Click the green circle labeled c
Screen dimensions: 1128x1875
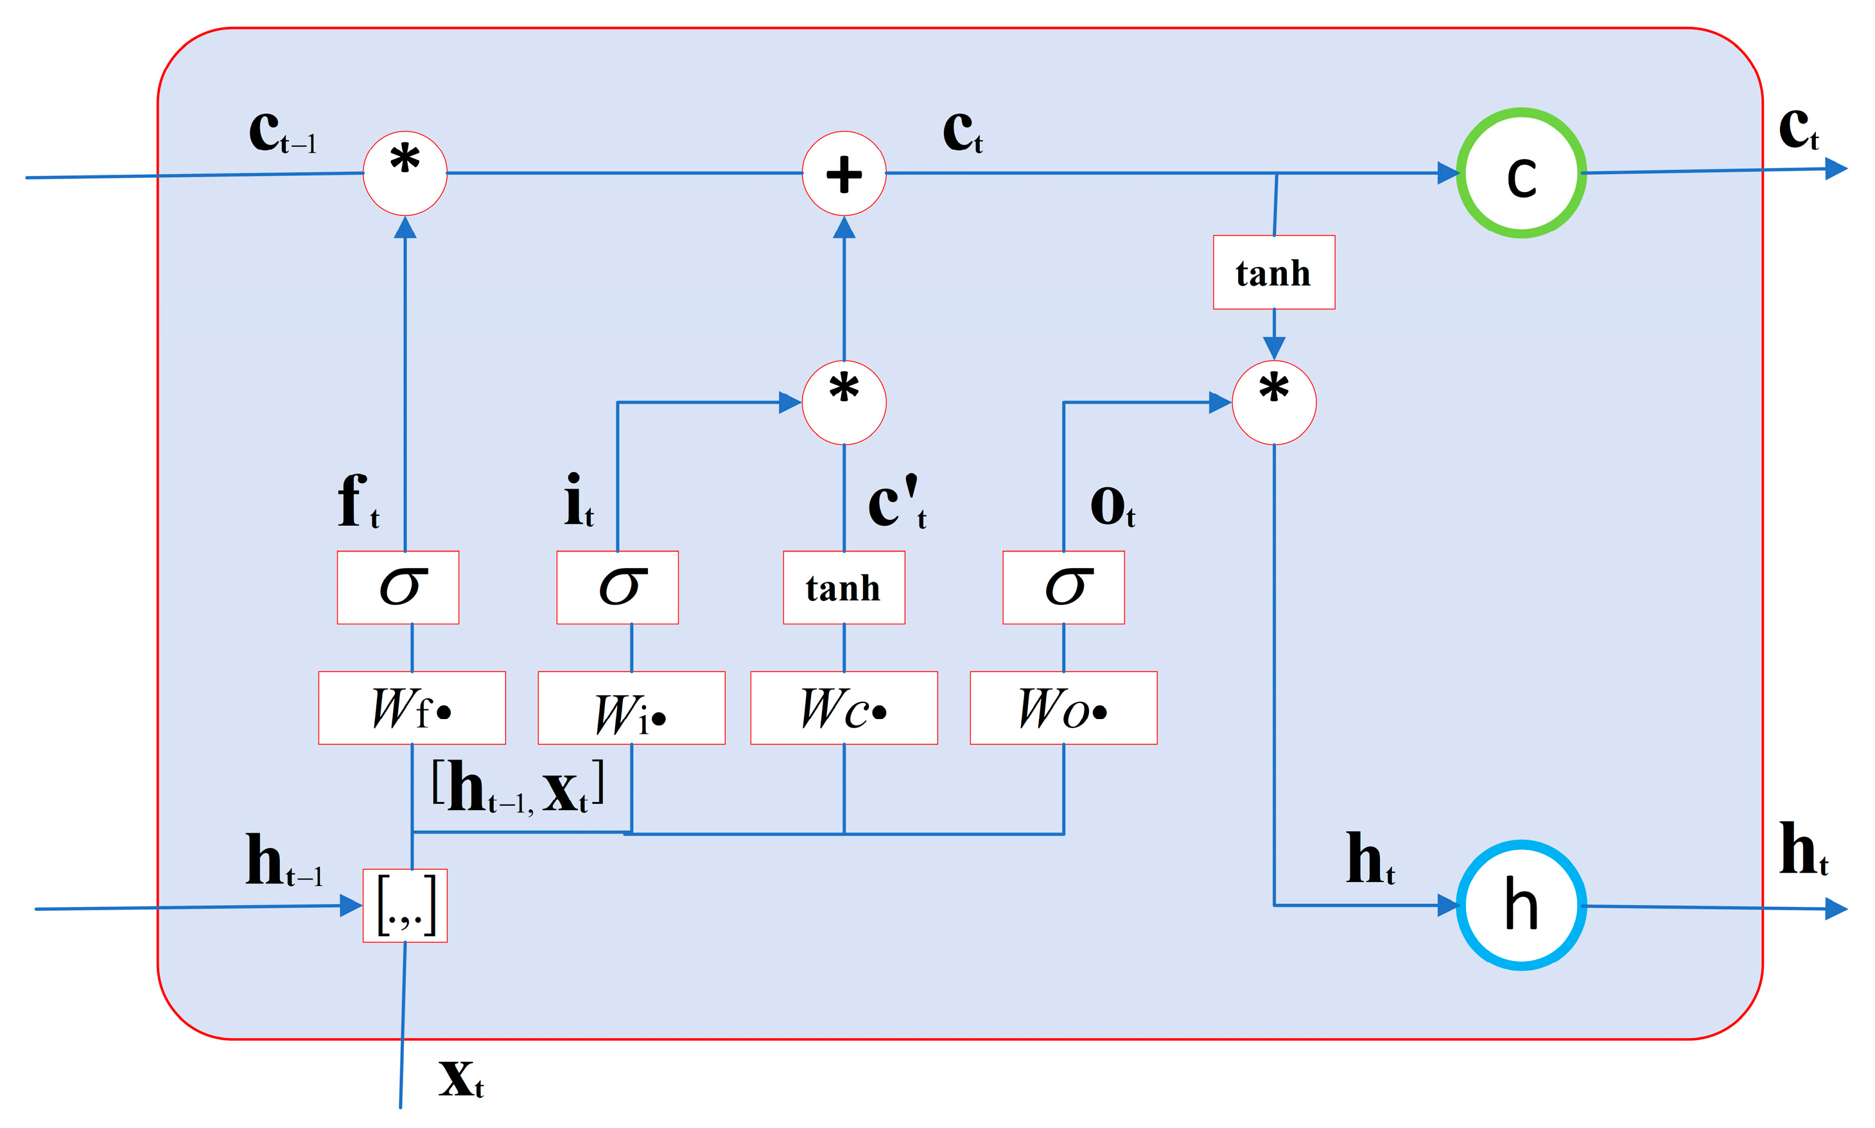tap(1521, 173)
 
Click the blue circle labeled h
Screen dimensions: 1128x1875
tap(1521, 905)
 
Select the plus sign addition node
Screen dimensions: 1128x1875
tap(844, 173)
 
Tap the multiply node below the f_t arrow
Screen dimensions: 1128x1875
tap(405, 173)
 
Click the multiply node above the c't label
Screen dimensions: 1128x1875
tap(844, 402)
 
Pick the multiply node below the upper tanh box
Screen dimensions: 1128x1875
tap(1274, 402)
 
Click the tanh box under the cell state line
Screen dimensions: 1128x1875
tap(1274, 272)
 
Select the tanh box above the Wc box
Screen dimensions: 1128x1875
tap(844, 587)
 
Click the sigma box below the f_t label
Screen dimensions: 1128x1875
tap(397, 587)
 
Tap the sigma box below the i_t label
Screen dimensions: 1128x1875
tap(617, 587)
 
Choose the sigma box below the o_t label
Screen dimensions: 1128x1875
tap(1063, 587)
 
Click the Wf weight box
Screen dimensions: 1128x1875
tap(412, 707)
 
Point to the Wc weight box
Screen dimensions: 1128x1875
tap(844, 707)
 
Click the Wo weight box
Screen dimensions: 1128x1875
tap(1063, 707)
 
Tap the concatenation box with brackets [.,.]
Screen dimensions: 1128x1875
tap(405, 905)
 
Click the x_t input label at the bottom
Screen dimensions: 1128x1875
tap(460, 1079)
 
